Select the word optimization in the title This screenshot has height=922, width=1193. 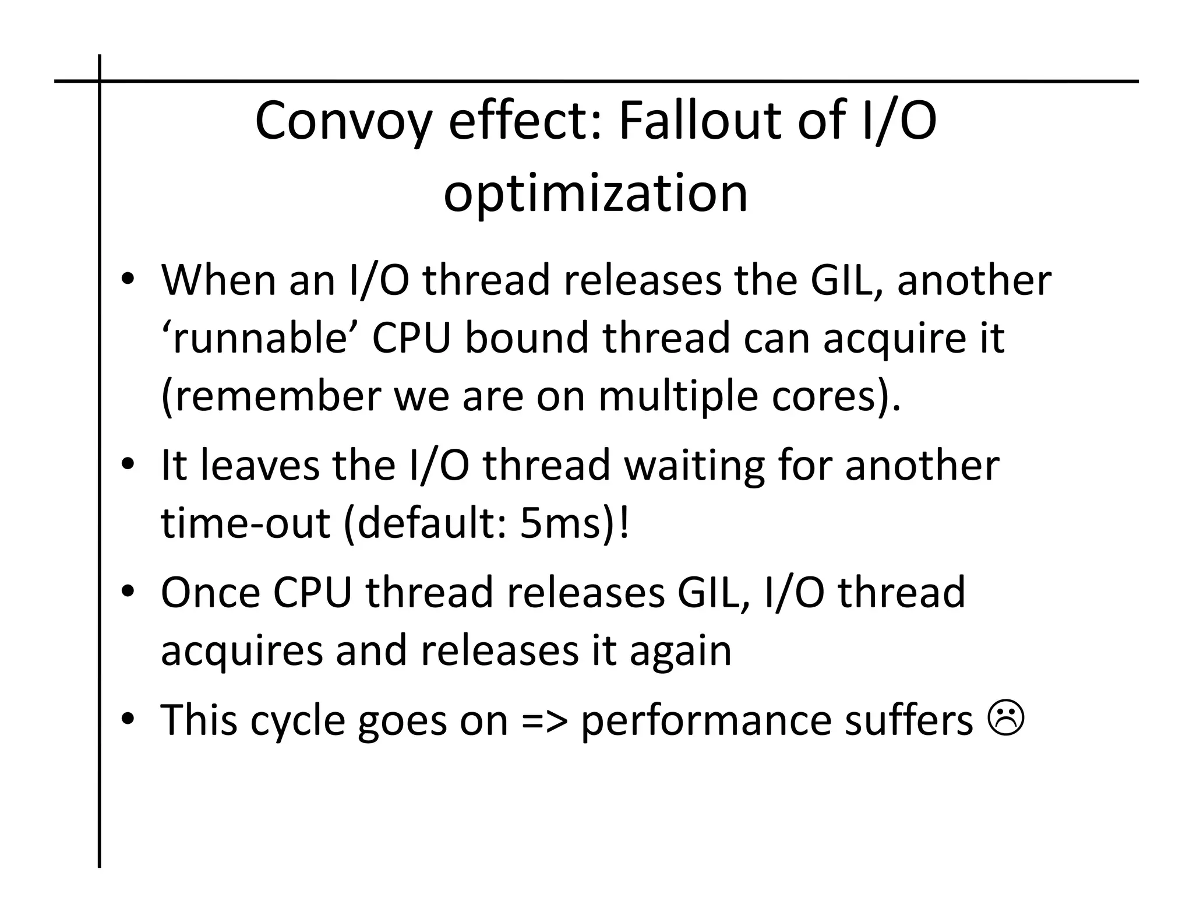[595, 193]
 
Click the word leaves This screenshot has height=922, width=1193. [260, 466]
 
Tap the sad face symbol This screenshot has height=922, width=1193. [1005, 720]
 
